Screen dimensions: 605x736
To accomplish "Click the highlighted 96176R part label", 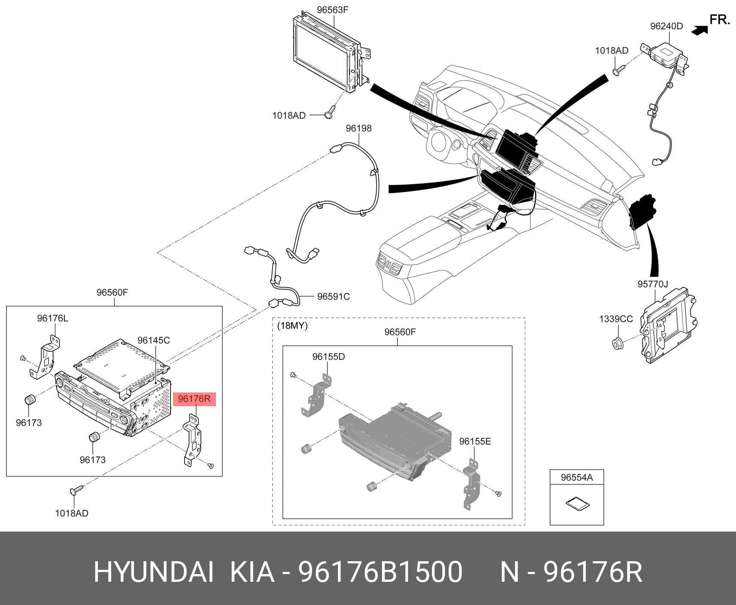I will [194, 399].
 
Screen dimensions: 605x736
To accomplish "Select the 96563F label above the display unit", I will [332, 10].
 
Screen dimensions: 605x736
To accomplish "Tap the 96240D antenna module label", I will [666, 26].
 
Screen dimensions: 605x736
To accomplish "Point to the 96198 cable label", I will [359, 128].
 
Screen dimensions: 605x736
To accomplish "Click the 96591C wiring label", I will [333, 297].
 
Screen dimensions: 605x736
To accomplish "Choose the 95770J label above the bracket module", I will [652, 284].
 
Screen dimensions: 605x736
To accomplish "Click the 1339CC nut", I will [617, 343].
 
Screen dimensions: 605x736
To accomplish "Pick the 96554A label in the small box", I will [576, 477].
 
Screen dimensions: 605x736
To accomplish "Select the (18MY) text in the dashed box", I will [292, 326].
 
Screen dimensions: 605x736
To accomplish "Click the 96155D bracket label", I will [328, 357].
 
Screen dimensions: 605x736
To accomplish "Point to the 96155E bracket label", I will [475, 441].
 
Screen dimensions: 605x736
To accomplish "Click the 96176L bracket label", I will [52, 319].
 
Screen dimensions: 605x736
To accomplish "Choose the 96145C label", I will [153, 341].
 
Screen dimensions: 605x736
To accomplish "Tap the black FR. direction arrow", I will [700, 30].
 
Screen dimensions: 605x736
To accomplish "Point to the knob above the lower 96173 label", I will [94, 438].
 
